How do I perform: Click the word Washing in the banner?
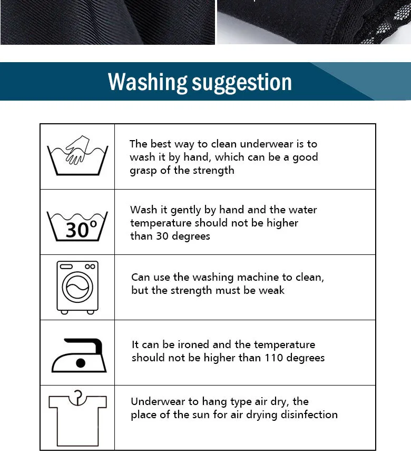(x=148, y=82)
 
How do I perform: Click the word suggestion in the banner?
(x=242, y=83)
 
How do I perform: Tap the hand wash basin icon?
(x=77, y=156)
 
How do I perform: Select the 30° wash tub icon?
(x=77, y=226)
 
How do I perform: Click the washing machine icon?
(x=77, y=288)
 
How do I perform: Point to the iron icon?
(x=79, y=355)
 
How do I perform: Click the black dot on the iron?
(x=81, y=363)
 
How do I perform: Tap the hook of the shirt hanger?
(x=78, y=395)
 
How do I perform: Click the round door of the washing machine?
(x=77, y=288)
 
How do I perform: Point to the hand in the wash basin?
(x=77, y=150)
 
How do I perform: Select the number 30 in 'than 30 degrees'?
(x=162, y=236)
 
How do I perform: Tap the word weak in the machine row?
(x=271, y=290)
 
